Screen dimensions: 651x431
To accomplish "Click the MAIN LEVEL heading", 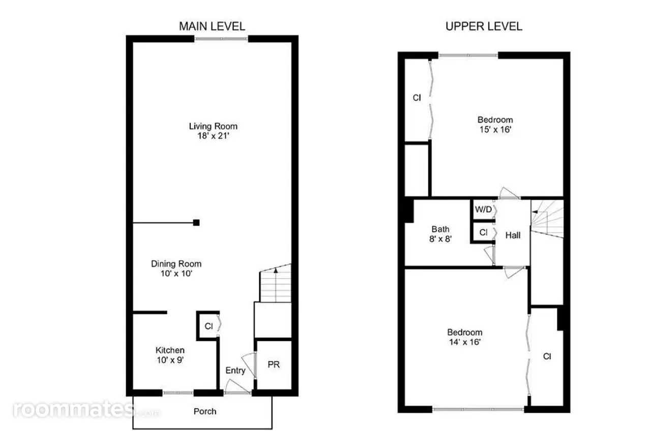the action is tap(212, 26).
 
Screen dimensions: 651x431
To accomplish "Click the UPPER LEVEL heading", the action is tap(484, 26).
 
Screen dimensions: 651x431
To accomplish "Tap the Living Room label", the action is tap(213, 126).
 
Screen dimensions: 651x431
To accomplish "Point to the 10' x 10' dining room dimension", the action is tap(176, 273).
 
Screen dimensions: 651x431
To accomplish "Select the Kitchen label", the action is tap(170, 350).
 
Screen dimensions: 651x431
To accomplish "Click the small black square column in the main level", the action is tap(196, 223).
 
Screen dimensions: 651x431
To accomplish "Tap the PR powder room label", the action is tap(274, 364).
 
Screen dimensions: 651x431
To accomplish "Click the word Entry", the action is tap(235, 371).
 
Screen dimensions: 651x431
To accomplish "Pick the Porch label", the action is tap(205, 411).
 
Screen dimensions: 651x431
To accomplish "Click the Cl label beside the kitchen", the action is tap(209, 326).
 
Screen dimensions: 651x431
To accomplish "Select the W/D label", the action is tap(483, 209).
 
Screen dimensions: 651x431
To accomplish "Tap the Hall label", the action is tap(513, 235).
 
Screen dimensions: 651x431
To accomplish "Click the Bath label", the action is tap(440, 229).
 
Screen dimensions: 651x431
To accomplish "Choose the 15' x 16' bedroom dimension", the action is tap(495, 129).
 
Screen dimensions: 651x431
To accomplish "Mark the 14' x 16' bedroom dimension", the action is tap(465, 342).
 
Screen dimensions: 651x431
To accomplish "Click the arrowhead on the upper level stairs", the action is tap(534, 212).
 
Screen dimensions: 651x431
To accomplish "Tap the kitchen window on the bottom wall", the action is tap(178, 393).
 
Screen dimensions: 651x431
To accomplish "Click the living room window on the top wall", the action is tap(221, 39).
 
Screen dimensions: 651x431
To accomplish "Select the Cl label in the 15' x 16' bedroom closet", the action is tap(417, 98).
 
